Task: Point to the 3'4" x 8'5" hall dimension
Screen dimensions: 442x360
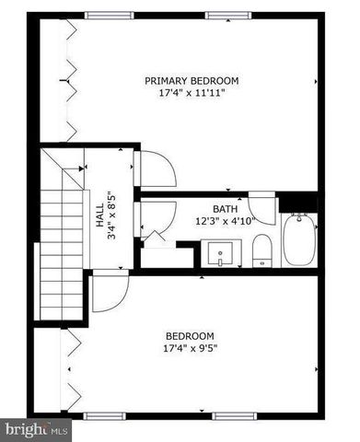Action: (x=110, y=215)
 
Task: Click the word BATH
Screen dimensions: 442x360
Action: (x=226, y=209)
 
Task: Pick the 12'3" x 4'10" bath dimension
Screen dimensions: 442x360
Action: (x=226, y=221)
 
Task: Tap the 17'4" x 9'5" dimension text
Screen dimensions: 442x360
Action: (x=190, y=348)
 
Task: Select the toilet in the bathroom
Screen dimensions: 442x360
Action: (x=261, y=250)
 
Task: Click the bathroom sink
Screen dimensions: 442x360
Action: (x=221, y=253)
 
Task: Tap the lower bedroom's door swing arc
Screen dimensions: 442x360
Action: (x=109, y=294)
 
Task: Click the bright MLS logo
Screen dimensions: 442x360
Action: (x=36, y=429)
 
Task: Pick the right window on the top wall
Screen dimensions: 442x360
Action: (x=227, y=15)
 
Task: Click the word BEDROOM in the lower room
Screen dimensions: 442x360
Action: (x=190, y=335)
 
